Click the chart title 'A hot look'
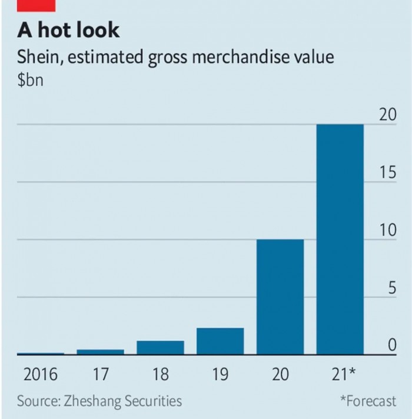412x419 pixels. tap(68, 29)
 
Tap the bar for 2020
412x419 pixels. tap(280, 297)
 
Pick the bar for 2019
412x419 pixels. tap(220, 341)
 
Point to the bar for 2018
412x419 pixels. tap(160, 348)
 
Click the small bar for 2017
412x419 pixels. tap(100, 352)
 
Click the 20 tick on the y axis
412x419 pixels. tap(387, 115)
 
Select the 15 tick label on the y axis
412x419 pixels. tap(387, 173)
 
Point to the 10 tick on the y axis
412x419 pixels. tap(387, 231)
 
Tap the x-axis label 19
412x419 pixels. tap(220, 374)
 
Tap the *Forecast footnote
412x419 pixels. tap(368, 401)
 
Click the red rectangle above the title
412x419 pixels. tap(36, 5)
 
